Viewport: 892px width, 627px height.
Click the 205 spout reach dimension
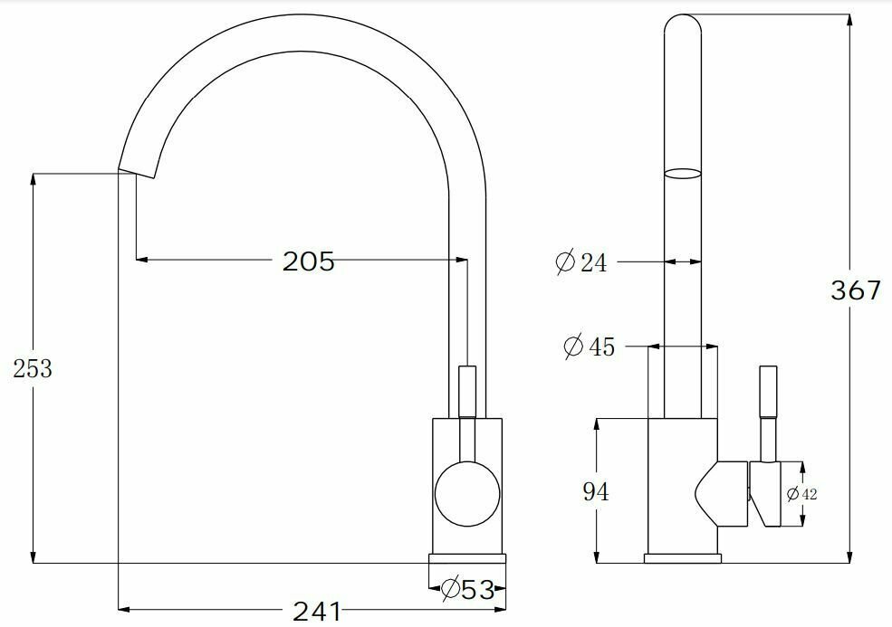(308, 261)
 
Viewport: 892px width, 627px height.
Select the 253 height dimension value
(33, 369)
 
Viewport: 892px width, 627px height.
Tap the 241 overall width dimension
(317, 612)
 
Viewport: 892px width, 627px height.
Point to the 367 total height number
(856, 290)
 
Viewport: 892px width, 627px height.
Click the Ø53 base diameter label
(467, 589)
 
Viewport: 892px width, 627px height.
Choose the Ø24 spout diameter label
(580, 262)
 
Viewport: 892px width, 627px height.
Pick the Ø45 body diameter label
(589, 347)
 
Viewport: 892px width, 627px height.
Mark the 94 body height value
(596, 491)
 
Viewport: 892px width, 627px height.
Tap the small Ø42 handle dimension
(802, 494)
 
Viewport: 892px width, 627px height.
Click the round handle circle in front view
(467, 494)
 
